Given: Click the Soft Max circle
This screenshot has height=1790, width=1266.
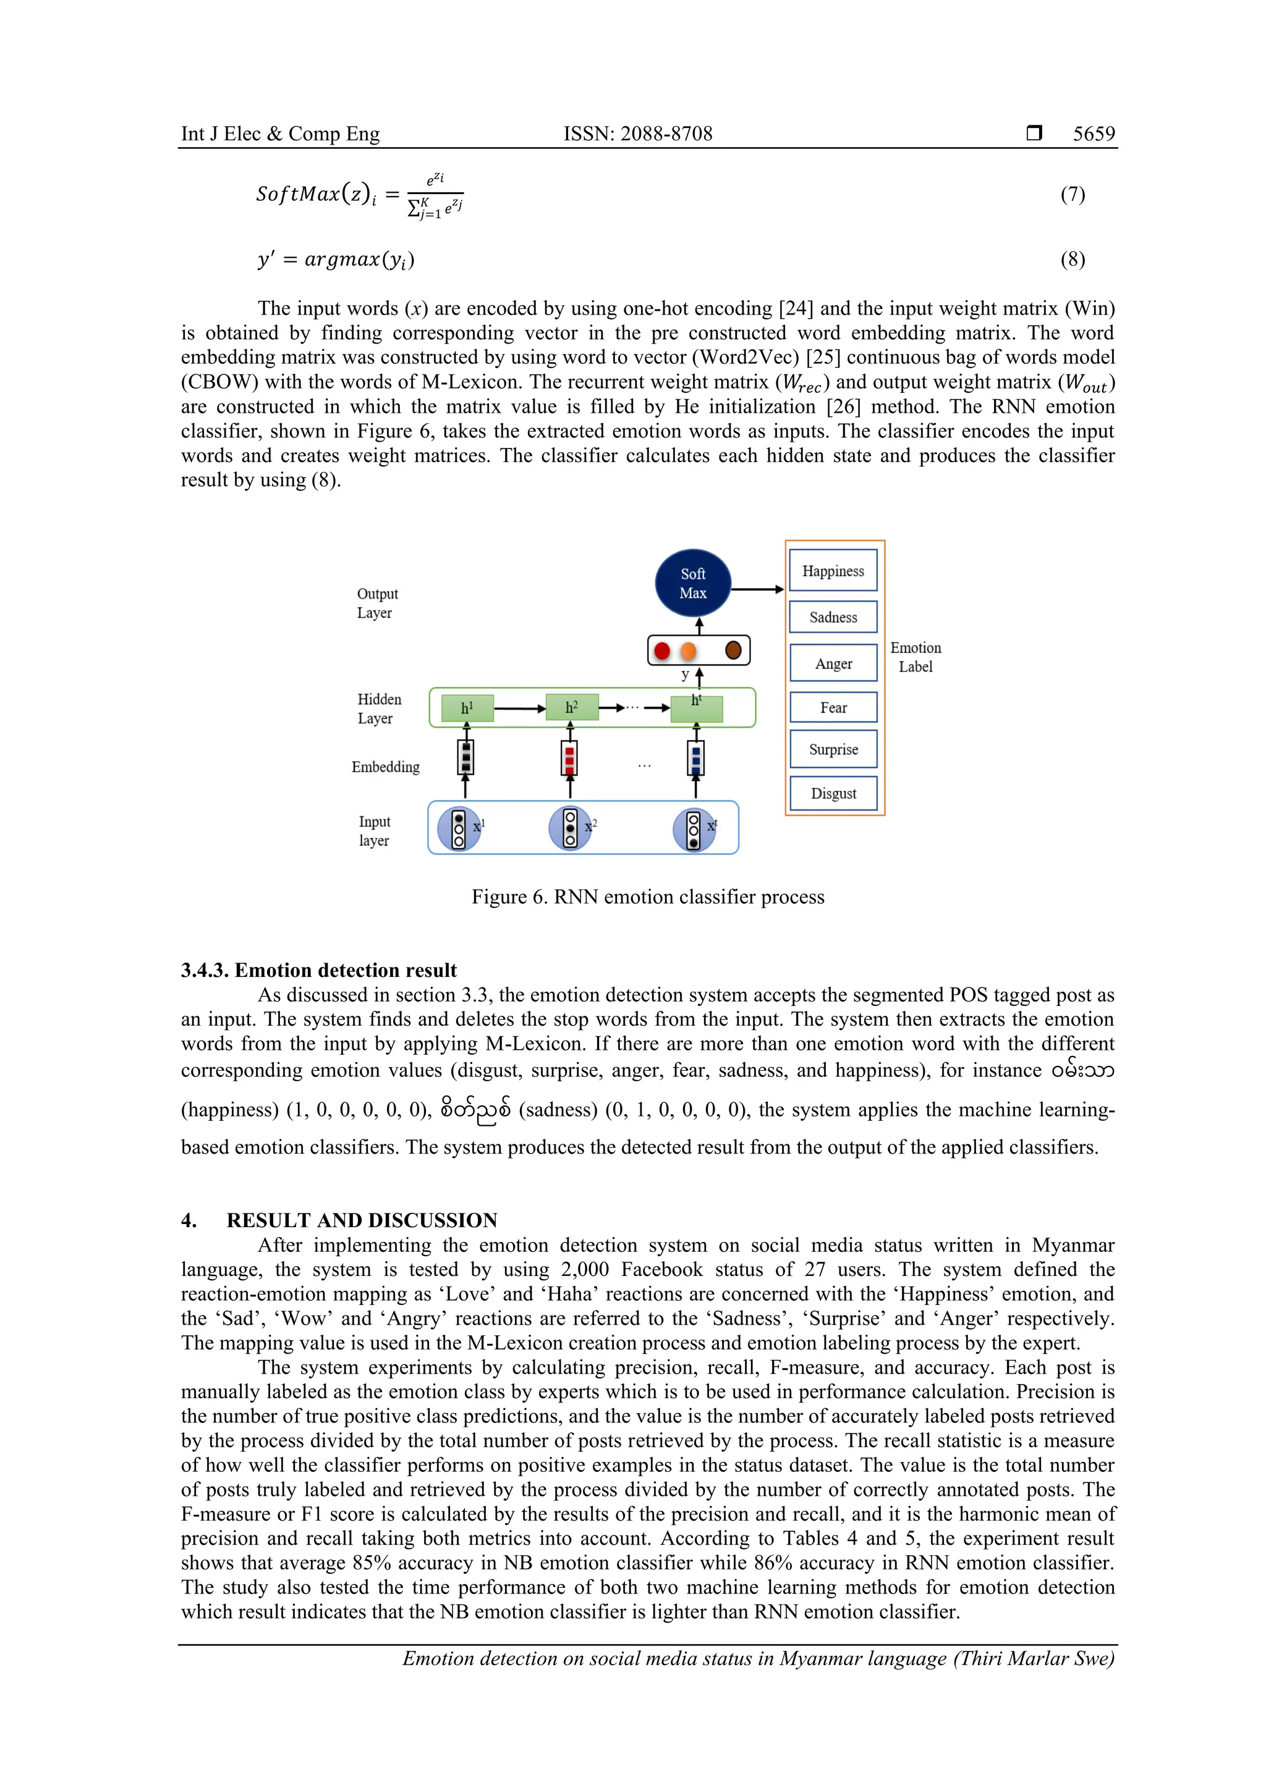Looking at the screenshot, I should pos(693,583).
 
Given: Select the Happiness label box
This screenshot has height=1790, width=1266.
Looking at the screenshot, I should pos(833,571).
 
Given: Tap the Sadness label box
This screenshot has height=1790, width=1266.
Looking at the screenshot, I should pos(833,617).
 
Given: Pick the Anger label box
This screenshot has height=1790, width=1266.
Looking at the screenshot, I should pos(833,664).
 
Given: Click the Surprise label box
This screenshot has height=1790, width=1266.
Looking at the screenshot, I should pos(833,749).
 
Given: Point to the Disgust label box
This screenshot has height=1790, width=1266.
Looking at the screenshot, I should pos(833,793).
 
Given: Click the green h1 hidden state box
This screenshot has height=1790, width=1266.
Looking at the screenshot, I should pos(467,708).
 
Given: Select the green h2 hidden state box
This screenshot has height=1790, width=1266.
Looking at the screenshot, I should pos(572,708).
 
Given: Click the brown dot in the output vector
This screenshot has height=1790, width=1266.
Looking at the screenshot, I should pos(733,650).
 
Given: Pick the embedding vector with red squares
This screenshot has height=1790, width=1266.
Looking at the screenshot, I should pos(569,757).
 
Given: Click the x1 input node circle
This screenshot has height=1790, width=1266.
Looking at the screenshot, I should pos(459,829).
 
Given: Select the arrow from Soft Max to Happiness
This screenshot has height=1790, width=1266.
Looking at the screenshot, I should pos(757,589).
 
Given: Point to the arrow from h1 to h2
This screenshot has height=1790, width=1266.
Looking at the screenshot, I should pos(519,709).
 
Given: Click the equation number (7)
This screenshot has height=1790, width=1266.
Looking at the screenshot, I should pos(1073,194).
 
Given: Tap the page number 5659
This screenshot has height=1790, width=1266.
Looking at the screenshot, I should pos(1094,134).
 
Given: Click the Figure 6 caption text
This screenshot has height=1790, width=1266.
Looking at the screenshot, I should pos(647,897).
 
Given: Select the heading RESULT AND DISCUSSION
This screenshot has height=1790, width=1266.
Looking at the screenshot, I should pos(362,1220).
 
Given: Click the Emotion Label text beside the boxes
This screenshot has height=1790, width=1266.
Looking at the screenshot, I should pos(915,657).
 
